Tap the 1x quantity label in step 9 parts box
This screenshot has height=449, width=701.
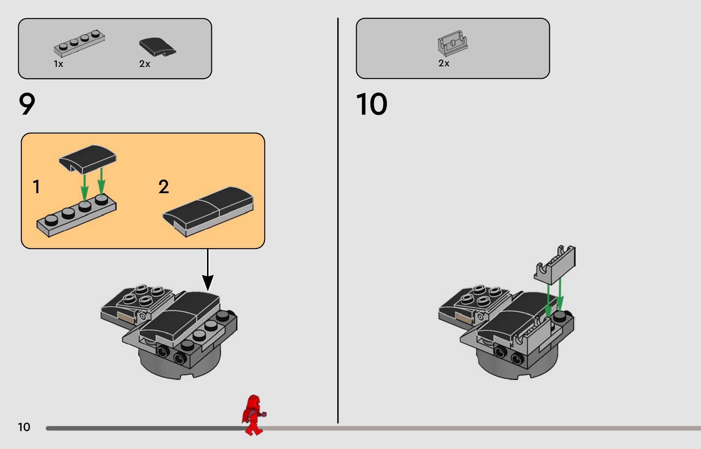(58, 64)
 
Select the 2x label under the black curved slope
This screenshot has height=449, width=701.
(145, 64)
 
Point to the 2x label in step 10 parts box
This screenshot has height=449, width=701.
(444, 63)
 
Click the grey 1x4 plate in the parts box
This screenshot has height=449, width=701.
(79, 44)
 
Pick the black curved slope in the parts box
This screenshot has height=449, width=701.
(157, 47)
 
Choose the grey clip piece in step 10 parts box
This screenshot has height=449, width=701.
(453, 44)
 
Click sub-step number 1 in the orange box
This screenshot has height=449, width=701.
(36, 186)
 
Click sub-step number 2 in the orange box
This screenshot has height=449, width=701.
(163, 186)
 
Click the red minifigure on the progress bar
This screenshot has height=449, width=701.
(253, 415)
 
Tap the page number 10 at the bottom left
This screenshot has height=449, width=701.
(24, 427)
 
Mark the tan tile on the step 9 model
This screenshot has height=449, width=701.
(126, 318)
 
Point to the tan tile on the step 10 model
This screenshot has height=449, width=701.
(464, 318)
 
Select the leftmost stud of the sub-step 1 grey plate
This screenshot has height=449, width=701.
(51, 220)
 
